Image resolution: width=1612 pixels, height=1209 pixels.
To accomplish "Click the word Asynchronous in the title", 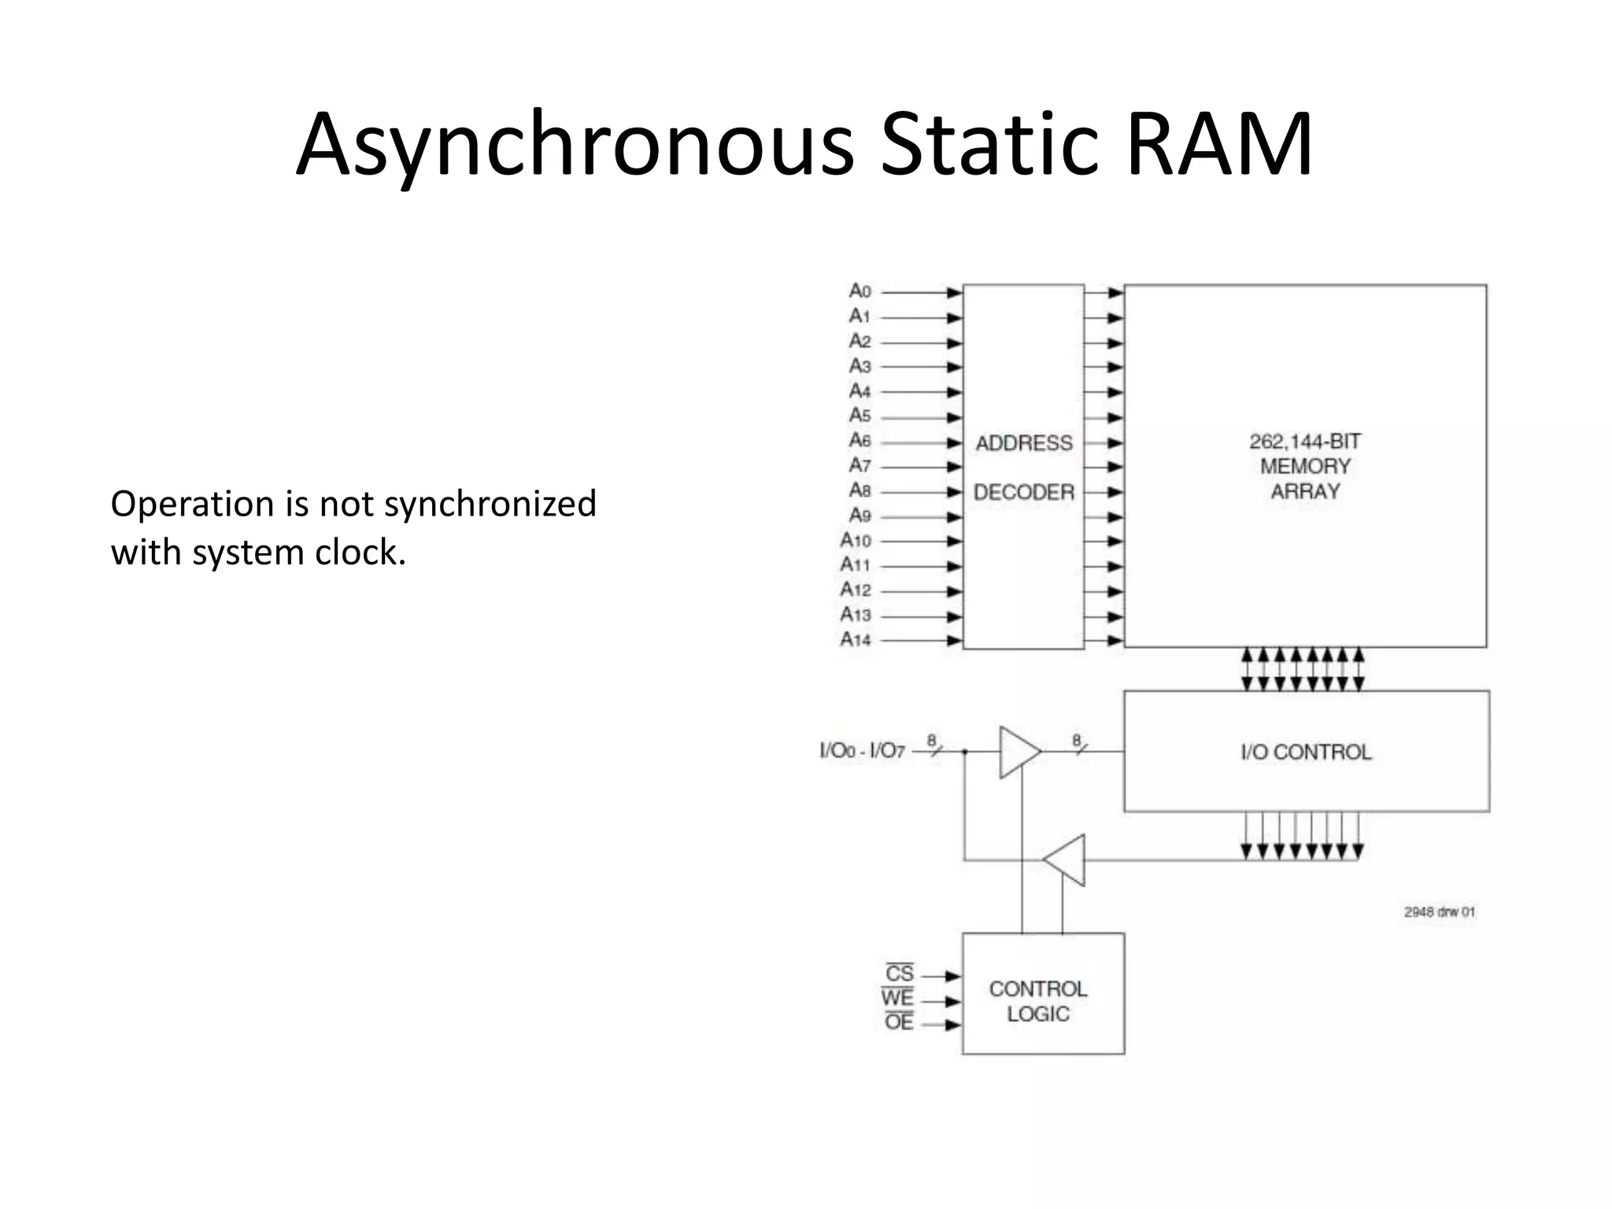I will (575, 146).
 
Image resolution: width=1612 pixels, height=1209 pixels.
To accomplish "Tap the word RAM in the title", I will (1218, 146).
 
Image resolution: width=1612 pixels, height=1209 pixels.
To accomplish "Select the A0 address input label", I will (860, 291).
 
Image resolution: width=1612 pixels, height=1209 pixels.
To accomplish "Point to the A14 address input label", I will (856, 639).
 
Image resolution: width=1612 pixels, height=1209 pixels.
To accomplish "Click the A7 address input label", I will (860, 466).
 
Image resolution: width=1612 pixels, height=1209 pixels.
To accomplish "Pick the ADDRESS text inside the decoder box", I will (1024, 443).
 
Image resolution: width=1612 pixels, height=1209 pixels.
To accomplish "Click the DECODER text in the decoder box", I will (1024, 493).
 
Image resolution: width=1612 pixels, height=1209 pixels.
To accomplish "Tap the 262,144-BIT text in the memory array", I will (1305, 442).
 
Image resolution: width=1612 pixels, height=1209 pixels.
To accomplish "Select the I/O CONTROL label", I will (1306, 752).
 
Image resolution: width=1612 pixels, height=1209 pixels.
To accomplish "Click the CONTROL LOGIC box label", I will (1038, 1001).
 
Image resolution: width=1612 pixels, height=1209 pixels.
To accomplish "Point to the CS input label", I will (900, 974).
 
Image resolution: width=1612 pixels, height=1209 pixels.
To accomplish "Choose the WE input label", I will (898, 998).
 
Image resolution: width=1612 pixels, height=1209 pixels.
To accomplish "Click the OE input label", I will (899, 1022).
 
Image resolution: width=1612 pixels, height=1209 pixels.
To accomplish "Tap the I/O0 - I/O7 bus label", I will (862, 751).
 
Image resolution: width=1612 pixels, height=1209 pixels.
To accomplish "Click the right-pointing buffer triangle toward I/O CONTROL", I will (1017, 752).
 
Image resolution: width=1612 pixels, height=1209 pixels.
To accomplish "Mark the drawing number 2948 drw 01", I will (1439, 912).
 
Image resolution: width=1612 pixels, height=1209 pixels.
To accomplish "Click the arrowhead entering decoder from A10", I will (954, 542).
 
